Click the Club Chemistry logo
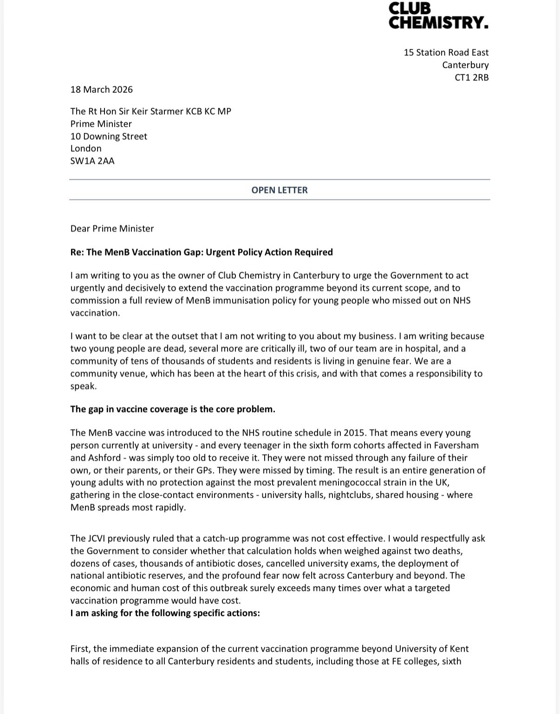click(438, 16)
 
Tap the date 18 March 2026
click(101, 90)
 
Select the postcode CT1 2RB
click(471, 77)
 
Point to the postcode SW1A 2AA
click(92, 161)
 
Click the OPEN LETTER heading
click(280, 190)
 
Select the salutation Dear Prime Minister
click(112, 228)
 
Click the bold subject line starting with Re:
click(202, 252)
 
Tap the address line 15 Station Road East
click(446, 52)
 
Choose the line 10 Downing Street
click(109, 136)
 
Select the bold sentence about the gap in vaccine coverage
click(173, 409)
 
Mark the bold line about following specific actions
click(165, 613)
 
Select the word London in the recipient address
click(86, 148)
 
